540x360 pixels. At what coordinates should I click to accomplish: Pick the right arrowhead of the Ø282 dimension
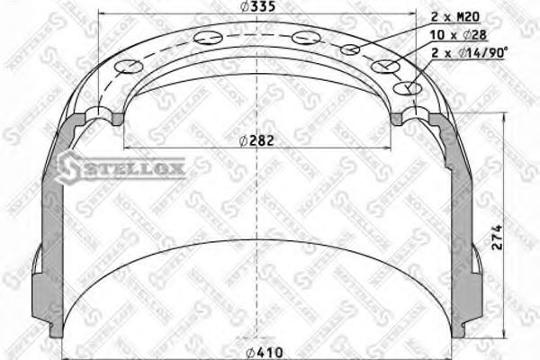point(394,147)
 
